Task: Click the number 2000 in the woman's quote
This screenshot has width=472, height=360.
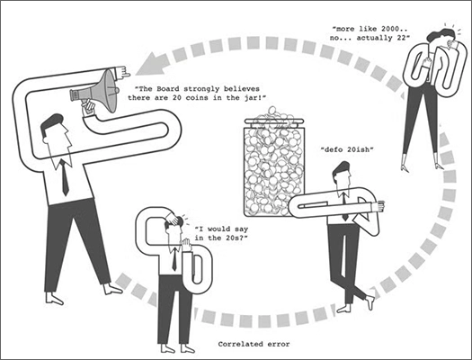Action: point(390,29)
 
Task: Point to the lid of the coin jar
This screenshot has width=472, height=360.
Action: point(274,121)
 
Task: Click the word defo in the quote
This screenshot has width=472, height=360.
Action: point(331,149)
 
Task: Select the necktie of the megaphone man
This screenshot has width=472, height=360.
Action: point(64,177)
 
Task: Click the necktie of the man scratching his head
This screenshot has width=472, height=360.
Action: point(174,259)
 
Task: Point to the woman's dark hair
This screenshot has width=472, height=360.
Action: point(441,34)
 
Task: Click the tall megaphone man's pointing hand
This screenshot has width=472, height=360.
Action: point(122,72)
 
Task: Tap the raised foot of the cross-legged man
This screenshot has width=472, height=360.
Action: point(371,299)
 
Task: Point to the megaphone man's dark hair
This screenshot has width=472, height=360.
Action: point(51,123)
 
